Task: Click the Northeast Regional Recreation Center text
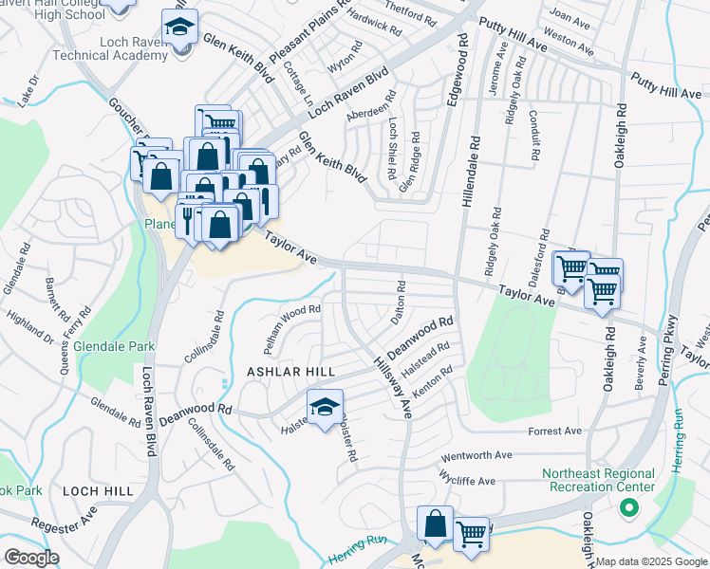[598, 480]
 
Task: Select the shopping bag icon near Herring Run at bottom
[435, 523]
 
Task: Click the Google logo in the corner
[30, 558]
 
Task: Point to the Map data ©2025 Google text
[651, 561]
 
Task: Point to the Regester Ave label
[64, 523]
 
